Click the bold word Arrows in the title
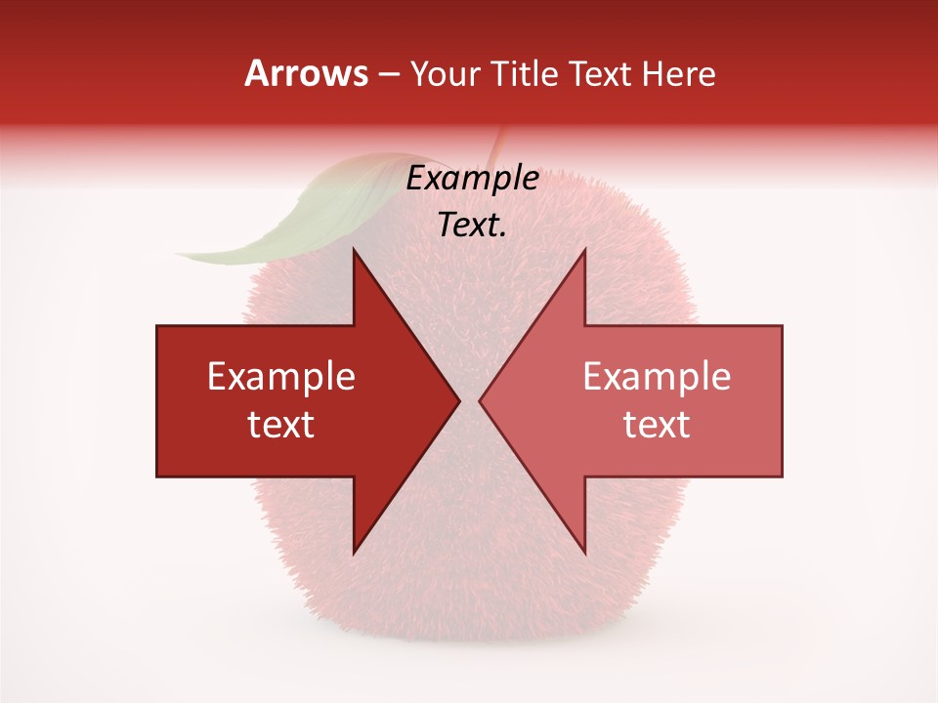pyautogui.click(x=306, y=73)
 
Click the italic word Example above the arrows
pyautogui.click(x=473, y=179)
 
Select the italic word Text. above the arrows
pyautogui.click(x=473, y=226)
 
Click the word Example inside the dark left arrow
pyautogui.click(x=281, y=377)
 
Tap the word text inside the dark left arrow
pyautogui.click(x=281, y=425)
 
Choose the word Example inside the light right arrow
pyautogui.click(x=657, y=377)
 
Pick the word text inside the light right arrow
pyautogui.click(x=657, y=425)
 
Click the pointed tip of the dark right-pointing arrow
pyautogui.click(x=459, y=400)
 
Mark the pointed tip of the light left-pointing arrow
pyautogui.click(x=480, y=400)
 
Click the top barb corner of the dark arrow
pyautogui.click(x=354, y=250)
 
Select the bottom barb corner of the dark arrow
pyautogui.click(x=354, y=553)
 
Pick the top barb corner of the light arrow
pyautogui.click(x=584, y=250)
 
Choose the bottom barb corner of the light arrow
pyautogui.click(x=584, y=553)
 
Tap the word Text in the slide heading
pyautogui.click(x=602, y=73)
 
